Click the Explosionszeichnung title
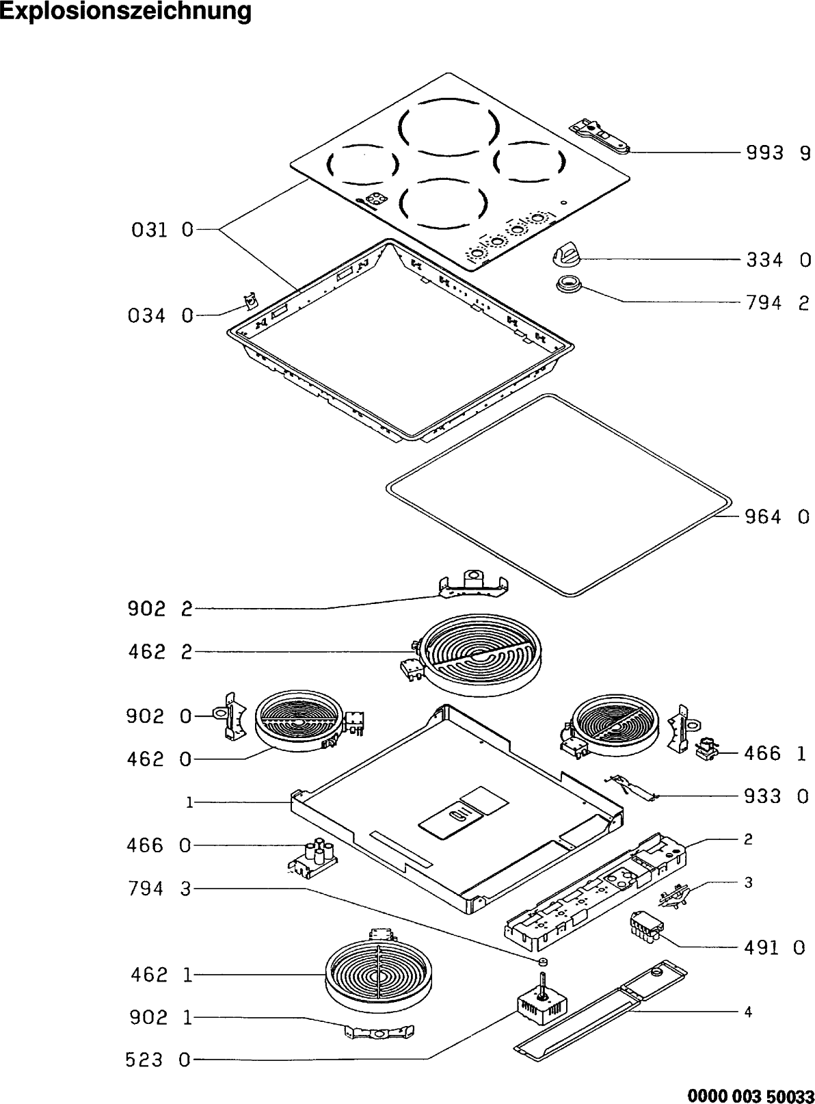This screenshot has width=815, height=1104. click(x=126, y=12)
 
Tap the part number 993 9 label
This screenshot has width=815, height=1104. click(x=777, y=153)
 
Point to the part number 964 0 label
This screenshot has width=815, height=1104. click(x=777, y=516)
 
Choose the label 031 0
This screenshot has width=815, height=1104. click(x=162, y=231)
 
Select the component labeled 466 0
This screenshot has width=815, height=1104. click(x=313, y=859)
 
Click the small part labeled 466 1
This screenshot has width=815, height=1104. click(x=706, y=750)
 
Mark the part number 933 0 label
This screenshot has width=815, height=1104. click(x=776, y=796)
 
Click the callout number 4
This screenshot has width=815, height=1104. click(x=748, y=1012)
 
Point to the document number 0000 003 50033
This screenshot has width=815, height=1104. click(x=750, y=1095)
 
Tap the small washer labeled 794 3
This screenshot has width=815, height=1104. click(x=543, y=962)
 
